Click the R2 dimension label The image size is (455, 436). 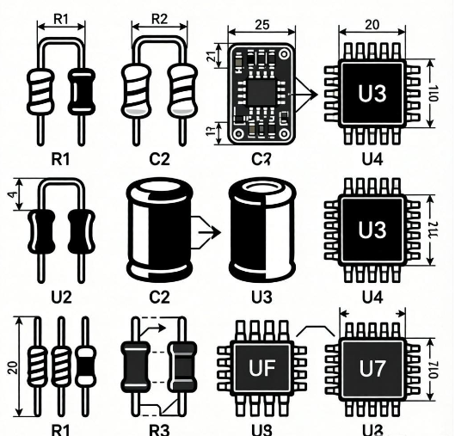(x=159, y=18)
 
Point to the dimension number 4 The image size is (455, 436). (x=9, y=197)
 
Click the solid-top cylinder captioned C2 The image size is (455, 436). (x=157, y=231)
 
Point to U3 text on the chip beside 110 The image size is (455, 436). (x=372, y=93)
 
